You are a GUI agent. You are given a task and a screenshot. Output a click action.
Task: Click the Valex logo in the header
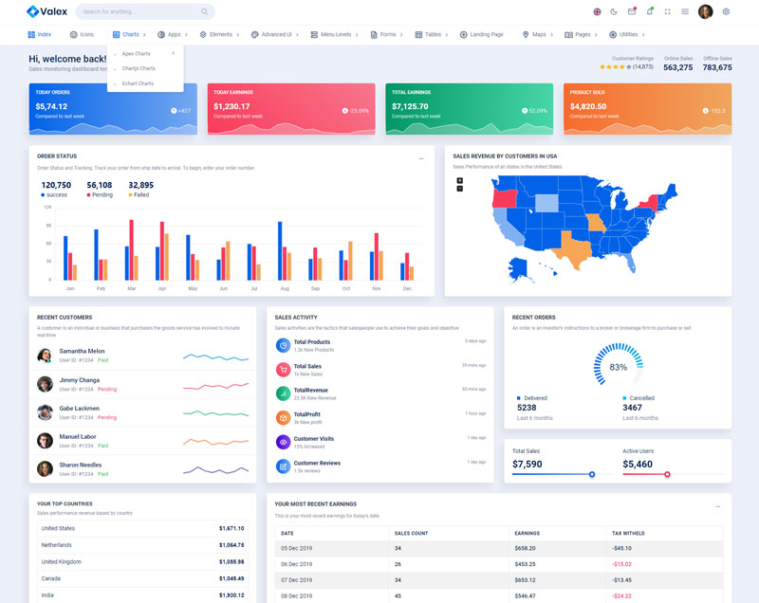pos(46,11)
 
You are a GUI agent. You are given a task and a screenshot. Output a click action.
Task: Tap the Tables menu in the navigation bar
pos(429,34)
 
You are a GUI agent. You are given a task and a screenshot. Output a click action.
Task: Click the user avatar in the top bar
pos(705,11)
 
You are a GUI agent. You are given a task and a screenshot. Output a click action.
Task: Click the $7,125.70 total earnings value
pos(411,106)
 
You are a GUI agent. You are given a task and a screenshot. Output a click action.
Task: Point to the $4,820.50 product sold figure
pos(588,106)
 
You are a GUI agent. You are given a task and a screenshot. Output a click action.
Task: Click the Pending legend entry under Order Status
pos(101,194)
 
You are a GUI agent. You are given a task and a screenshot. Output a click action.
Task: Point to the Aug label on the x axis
pos(285,288)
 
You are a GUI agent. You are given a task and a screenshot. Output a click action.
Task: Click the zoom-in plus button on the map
pos(460,180)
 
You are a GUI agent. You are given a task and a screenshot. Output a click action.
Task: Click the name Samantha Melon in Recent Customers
pos(82,351)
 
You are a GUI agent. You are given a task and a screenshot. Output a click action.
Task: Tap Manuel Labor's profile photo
pos(45,441)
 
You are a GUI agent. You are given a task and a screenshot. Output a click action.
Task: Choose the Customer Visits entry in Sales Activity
pos(313,439)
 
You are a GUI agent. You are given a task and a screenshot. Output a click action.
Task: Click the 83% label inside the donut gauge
pos(619,367)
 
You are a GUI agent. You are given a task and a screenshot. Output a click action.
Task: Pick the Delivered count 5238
pos(527,408)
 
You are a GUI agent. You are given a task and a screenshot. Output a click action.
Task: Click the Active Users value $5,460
pos(638,465)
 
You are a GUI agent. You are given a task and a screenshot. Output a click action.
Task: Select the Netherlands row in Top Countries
pos(142,545)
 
